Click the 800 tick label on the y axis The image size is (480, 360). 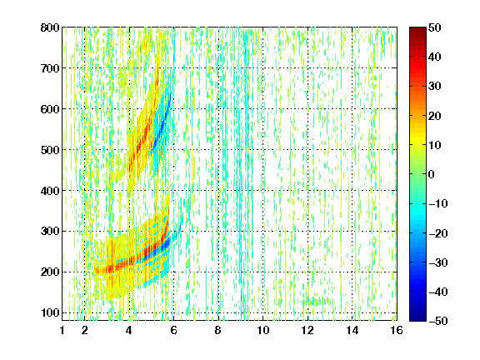(50, 27)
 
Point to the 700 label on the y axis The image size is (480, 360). (50, 68)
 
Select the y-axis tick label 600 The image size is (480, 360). (50, 109)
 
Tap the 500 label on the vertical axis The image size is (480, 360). (50, 150)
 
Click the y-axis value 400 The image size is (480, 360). (50, 191)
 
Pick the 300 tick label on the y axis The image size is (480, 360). (50, 232)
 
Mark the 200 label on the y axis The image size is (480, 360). (50, 272)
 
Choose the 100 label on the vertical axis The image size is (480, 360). (50, 312)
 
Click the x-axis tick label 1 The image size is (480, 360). (62, 331)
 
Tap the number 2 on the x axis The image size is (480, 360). (85, 331)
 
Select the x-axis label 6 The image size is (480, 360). (174, 331)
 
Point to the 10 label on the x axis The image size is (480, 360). (263, 331)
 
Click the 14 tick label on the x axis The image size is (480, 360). (352, 331)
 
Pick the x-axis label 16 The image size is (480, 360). (397, 331)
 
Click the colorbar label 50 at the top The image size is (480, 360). (435, 27)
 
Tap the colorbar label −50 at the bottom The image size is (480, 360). (438, 321)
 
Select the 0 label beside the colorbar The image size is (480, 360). (432, 174)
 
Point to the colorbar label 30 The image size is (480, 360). (435, 87)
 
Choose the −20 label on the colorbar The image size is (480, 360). (438, 233)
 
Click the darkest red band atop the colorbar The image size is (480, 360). (417, 31)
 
